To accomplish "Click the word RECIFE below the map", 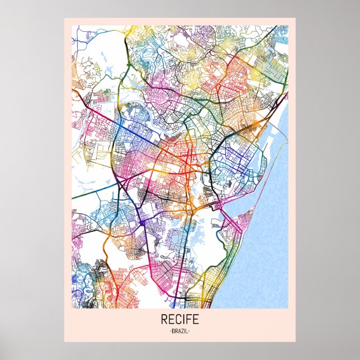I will [x=179, y=321].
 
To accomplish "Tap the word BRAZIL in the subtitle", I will [x=179, y=331].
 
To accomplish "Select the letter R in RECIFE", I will [x=164, y=321].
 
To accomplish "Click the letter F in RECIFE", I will [x=188, y=321].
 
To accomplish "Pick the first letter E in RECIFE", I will [x=171, y=321].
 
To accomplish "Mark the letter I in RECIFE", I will [x=183, y=321].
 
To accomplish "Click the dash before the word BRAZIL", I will [x=169, y=331].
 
